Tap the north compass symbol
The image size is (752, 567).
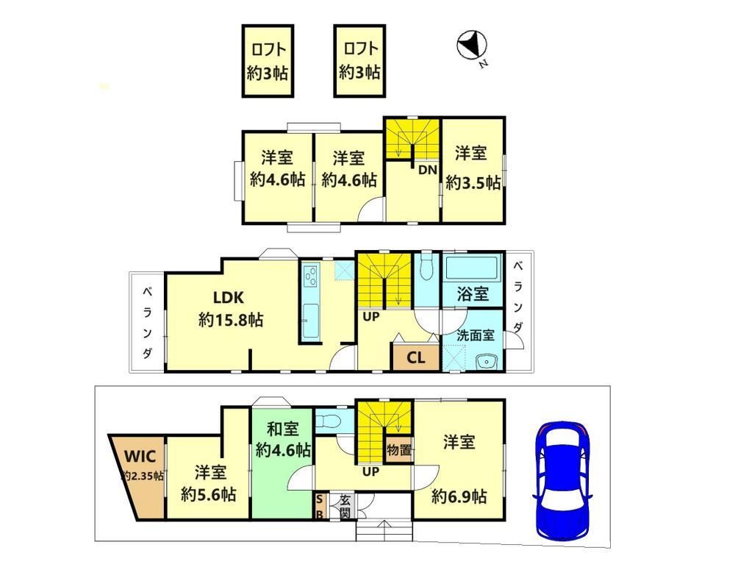[x=470, y=46]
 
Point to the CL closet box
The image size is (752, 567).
[x=415, y=358]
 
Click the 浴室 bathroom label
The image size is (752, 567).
[x=473, y=294]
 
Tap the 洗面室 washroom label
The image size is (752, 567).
[x=475, y=334]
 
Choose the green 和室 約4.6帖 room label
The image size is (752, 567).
[x=282, y=439]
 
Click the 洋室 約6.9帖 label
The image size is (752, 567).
[x=459, y=468]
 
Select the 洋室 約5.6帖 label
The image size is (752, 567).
[x=209, y=482]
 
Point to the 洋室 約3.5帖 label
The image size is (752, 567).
[x=472, y=168]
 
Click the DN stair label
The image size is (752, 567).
[x=428, y=170]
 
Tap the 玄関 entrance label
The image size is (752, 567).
[x=344, y=506]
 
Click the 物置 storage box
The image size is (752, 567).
[x=399, y=449]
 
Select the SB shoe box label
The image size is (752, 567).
[x=319, y=506]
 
